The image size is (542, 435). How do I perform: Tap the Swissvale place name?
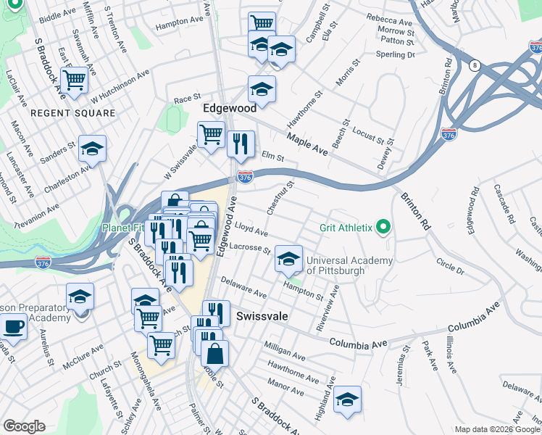(x=262, y=317)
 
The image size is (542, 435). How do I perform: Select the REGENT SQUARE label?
(x=72, y=113)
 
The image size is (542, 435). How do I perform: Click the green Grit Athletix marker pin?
(x=384, y=228)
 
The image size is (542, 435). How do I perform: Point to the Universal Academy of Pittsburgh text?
(x=349, y=265)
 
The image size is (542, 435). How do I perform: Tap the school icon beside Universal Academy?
(x=288, y=259)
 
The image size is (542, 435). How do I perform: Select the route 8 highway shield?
(x=475, y=65)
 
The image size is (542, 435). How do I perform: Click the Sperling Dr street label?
(x=396, y=54)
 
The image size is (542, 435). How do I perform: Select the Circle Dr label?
(x=450, y=265)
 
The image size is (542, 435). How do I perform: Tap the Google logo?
(x=24, y=426)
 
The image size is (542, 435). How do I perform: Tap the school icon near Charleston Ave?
(x=92, y=149)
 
